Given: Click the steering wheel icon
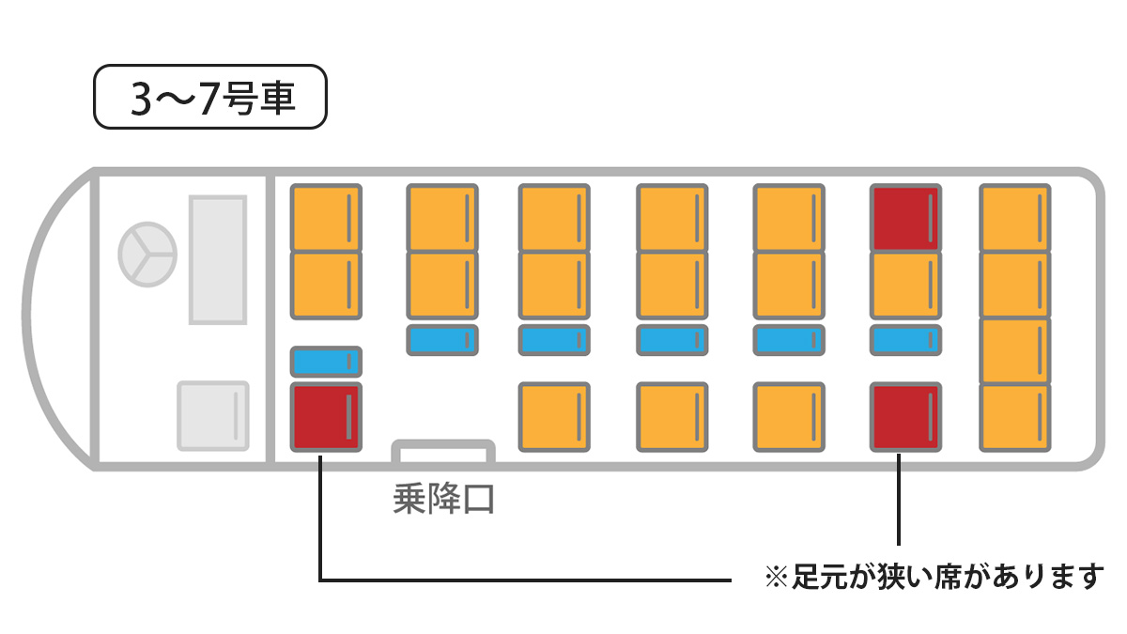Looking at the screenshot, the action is [147, 255].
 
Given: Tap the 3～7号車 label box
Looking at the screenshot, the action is [210, 97].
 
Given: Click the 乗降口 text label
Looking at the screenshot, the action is [443, 499].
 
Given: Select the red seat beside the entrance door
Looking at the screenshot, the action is [326, 417].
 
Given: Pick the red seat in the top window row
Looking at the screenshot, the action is [905, 218].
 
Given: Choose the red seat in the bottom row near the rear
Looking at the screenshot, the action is [905, 417].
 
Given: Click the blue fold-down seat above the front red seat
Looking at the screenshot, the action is [326, 362].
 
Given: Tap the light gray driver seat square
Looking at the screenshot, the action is [213, 415].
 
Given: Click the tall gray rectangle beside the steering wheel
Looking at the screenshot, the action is [218, 259].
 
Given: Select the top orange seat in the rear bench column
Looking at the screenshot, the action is [1015, 218].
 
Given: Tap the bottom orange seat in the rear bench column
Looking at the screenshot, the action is [1015, 418].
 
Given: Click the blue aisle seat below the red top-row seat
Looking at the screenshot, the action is [905, 340].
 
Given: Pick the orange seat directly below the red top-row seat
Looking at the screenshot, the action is [905, 286].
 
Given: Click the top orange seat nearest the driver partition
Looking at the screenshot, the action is [326, 218].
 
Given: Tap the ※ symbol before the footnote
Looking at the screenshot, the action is [777, 577].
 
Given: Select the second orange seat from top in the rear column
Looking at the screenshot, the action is [1015, 286].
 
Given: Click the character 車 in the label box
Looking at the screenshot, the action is [277, 98].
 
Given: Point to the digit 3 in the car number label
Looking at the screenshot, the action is [141, 100].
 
